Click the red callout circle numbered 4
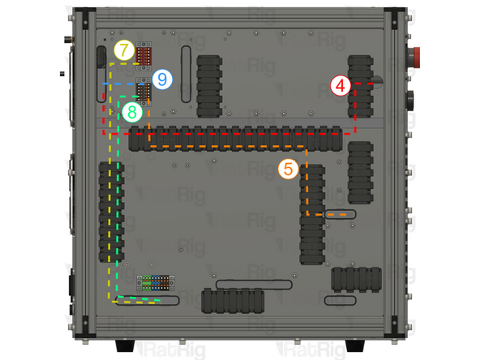[341, 84]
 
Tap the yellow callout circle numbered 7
[122, 51]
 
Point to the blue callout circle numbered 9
[163, 79]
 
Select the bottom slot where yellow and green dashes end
[148, 301]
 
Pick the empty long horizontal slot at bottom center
[255, 285]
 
